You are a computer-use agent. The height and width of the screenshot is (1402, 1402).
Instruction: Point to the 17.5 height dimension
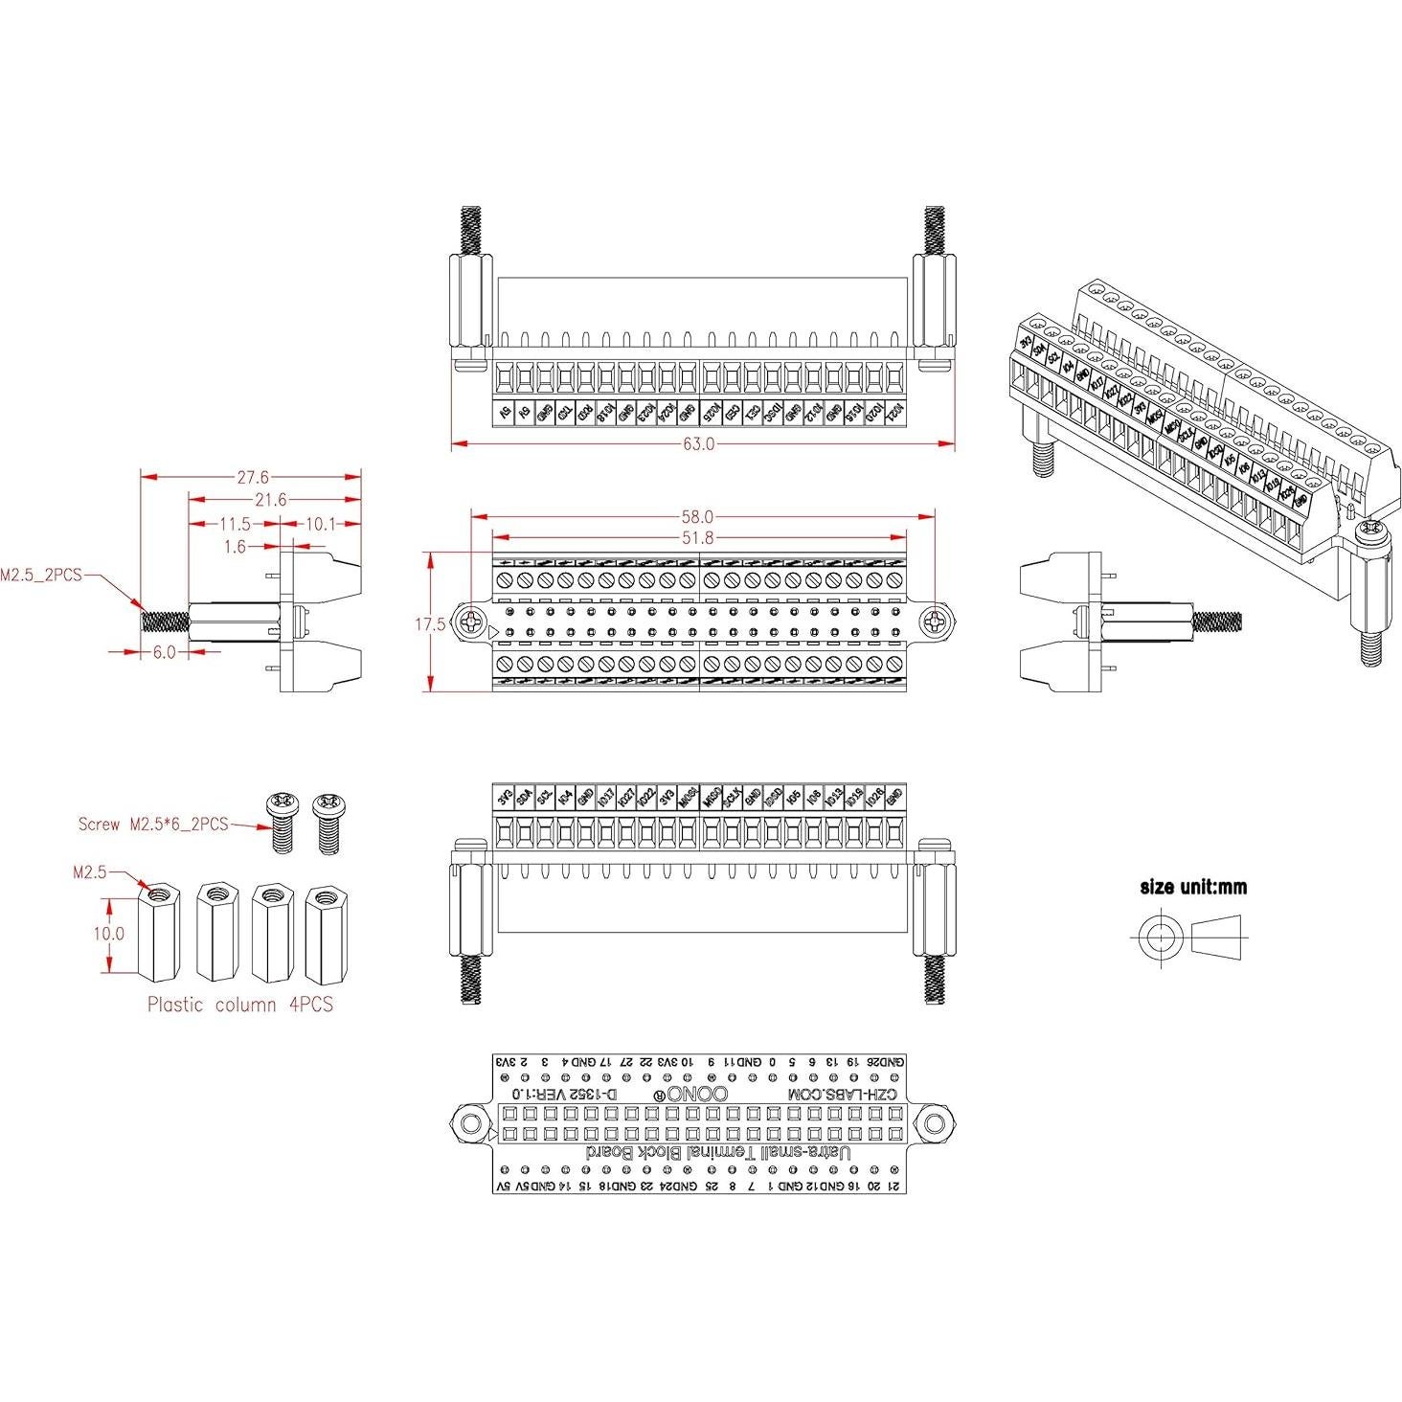pos(429,624)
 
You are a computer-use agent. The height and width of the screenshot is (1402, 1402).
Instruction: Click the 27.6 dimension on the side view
pos(251,476)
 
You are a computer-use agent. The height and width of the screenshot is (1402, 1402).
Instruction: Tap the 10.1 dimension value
pos(320,524)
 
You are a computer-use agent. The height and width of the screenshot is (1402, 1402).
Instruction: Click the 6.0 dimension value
pos(165,652)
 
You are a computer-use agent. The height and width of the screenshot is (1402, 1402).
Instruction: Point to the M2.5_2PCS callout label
pos(41,576)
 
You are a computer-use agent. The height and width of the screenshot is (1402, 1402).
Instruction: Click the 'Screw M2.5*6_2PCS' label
pos(153,824)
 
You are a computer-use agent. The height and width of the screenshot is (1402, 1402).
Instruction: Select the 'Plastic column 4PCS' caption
pos(239,1005)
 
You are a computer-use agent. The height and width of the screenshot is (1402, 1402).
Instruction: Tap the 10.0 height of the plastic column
pos(109,933)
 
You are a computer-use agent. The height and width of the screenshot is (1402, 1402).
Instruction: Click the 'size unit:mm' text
pos(1193,887)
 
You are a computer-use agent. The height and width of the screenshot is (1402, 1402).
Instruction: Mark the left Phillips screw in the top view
pos(472,623)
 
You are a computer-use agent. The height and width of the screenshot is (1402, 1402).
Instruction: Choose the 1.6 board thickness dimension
pos(235,547)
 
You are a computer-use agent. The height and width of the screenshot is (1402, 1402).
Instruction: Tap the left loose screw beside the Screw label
pos(282,822)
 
